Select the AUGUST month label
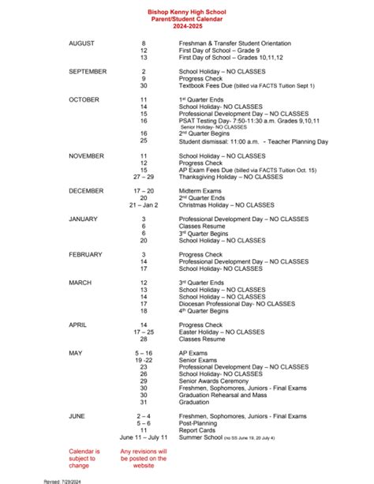(x=82, y=43)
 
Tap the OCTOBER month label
(x=84, y=99)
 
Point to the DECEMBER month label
(x=86, y=190)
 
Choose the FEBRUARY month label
(x=86, y=254)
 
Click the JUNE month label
(x=78, y=415)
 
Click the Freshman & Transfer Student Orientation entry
(x=234, y=43)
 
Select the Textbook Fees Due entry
(x=246, y=85)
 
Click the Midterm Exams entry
(x=203, y=190)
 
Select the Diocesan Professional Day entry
(x=237, y=304)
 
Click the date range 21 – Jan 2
(x=144, y=204)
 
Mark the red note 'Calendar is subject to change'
(x=84, y=458)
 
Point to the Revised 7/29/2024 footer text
(x=63, y=480)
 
